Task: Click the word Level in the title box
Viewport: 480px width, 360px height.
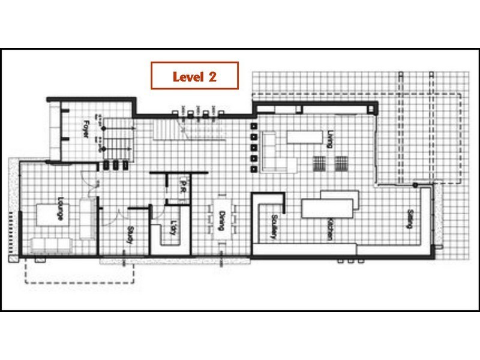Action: point(187,76)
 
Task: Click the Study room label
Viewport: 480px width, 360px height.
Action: point(129,235)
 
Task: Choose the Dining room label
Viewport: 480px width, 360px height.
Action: point(221,221)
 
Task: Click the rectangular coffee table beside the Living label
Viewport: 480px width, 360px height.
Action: point(304,137)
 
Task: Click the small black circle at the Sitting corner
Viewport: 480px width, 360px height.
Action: point(415,184)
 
